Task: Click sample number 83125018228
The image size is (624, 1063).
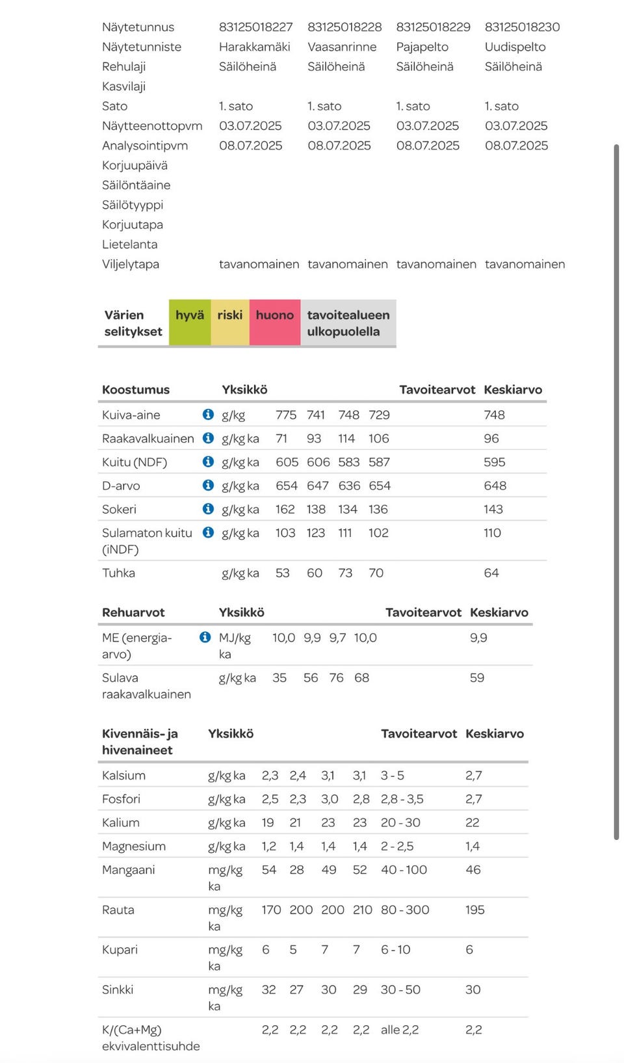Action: (344, 27)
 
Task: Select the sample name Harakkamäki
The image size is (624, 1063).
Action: (254, 47)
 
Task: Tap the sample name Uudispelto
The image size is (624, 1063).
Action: (515, 47)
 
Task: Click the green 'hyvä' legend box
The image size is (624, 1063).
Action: (190, 322)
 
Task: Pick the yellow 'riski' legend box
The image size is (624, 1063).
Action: (230, 322)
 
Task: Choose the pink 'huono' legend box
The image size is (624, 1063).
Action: (275, 322)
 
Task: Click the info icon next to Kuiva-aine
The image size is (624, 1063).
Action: (208, 415)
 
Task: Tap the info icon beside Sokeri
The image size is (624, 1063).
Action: (208, 509)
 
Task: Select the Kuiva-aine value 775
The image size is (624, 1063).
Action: (286, 415)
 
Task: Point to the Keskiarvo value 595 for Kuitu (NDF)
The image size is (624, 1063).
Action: (494, 462)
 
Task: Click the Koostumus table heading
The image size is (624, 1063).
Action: (136, 389)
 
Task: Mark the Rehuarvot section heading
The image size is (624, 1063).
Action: (133, 612)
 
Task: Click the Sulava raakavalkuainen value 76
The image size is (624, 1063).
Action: (336, 678)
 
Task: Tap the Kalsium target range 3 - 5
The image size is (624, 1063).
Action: (392, 776)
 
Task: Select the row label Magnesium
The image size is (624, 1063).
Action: (134, 846)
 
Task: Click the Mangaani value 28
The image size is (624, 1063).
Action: (296, 870)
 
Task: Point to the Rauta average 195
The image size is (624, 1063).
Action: (475, 910)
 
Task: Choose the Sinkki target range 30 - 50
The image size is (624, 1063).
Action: (400, 990)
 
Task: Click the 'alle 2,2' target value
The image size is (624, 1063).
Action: (400, 1030)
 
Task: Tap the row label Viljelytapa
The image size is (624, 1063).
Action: (131, 264)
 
